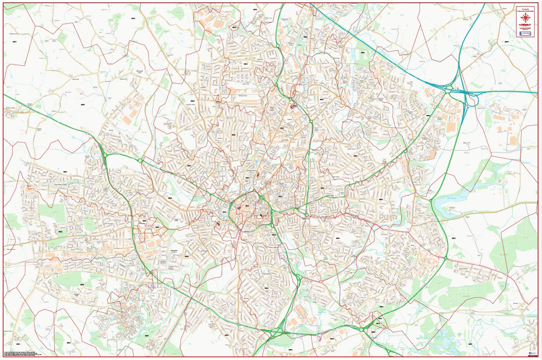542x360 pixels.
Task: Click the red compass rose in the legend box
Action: click(x=526, y=18)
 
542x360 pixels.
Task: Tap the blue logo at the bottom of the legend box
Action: click(x=526, y=33)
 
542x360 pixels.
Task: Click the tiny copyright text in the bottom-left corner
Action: click(x=25, y=354)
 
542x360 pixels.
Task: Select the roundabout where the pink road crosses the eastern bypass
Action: click(x=445, y=258)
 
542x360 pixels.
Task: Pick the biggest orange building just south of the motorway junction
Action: click(x=451, y=127)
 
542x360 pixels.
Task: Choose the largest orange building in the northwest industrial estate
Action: click(x=128, y=119)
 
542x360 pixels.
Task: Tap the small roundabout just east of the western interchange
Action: click(x=140, y=161)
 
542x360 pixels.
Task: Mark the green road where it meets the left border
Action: click(x=4, y=95)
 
